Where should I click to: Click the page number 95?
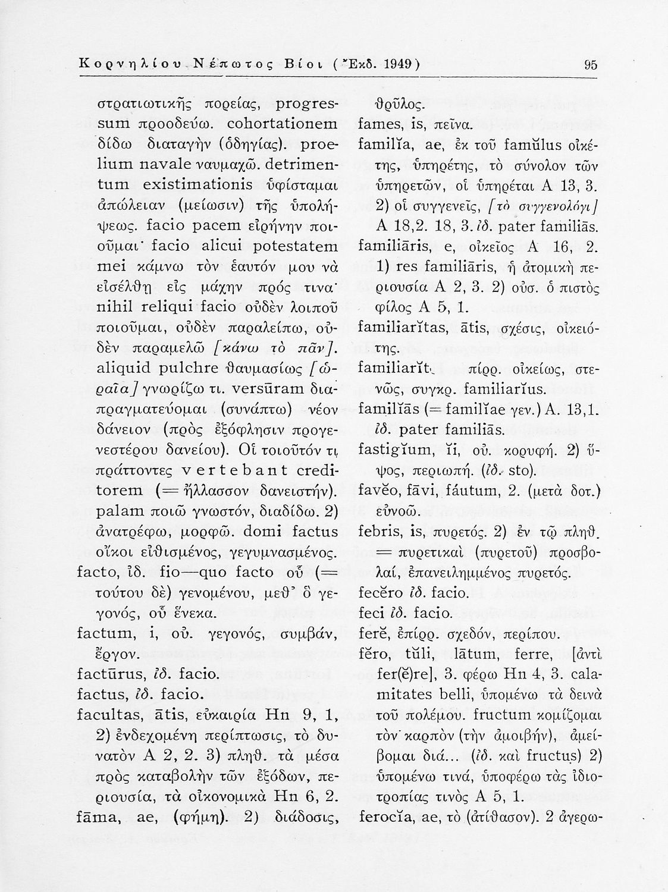tap(591, 65)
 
